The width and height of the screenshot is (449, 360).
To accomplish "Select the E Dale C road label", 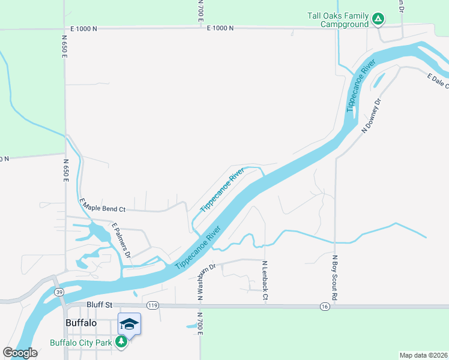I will click(x=438, y=81).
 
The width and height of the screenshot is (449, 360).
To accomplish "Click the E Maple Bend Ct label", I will click(x=102, y=206).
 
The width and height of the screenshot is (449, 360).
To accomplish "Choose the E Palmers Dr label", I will click(x=121, y=240).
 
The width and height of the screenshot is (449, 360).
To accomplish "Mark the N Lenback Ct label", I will click(x=265, y=281).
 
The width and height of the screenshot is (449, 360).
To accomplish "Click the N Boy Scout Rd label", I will click(x=334, y=278).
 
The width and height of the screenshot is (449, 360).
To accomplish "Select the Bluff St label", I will click(x=100, y=305).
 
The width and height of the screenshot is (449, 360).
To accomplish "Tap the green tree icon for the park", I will click(x=121, y=341).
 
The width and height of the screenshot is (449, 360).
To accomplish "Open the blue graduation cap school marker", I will click(x=129, y=325).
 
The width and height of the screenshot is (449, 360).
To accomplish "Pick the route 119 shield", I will click(x=152, y=306).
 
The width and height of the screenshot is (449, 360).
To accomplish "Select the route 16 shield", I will click(x=325, y=306).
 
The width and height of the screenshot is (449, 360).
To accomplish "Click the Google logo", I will click(x=20, y=353).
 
